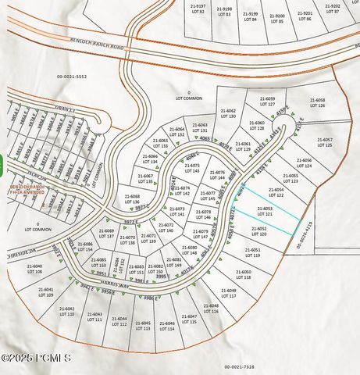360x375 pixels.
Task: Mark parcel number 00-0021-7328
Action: (x=240, y=366)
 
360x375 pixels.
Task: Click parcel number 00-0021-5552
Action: (x=71, y=76)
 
